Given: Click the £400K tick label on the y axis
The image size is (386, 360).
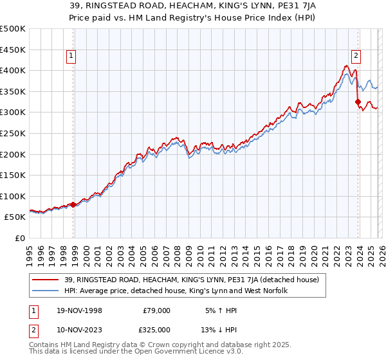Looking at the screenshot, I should [13, 70].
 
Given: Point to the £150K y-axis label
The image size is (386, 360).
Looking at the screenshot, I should [13, 175].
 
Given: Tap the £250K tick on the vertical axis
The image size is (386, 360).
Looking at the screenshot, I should [13, 133].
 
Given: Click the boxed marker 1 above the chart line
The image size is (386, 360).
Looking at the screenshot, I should [71, 56].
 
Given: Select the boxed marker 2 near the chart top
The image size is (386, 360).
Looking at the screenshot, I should [356, 56].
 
